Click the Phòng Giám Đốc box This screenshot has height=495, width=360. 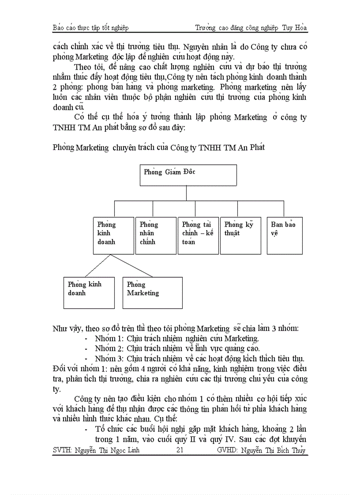188,175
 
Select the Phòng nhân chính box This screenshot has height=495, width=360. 156,235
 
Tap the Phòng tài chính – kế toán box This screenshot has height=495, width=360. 198,235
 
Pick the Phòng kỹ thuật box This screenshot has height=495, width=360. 240,235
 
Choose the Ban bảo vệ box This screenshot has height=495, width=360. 285,235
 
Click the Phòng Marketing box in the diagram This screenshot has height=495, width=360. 152,292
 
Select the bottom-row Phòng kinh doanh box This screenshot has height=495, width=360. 89,292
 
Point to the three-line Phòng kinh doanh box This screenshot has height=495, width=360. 113,235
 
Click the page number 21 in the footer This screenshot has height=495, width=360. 180,450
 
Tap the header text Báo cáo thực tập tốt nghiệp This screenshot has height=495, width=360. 90,28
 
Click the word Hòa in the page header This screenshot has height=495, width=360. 301,28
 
